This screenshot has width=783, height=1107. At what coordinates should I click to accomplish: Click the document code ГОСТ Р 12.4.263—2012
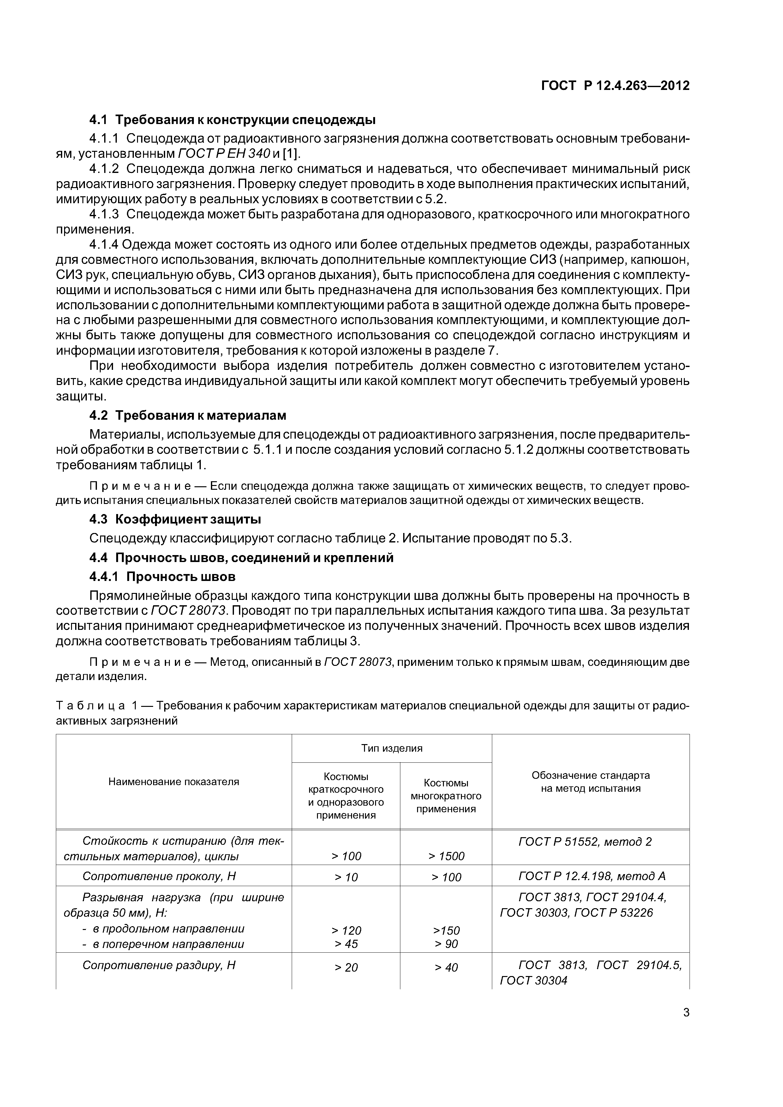(615, 86)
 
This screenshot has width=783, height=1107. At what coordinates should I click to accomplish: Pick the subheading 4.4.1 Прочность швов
(163, 577)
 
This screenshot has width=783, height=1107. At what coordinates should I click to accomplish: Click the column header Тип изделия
(392, 748)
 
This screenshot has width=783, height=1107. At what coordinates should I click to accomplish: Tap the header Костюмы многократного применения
(446, 796)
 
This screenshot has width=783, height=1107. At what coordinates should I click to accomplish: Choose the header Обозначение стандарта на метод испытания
(590, 782)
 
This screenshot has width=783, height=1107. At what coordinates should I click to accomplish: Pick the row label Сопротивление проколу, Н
(159, 876)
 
